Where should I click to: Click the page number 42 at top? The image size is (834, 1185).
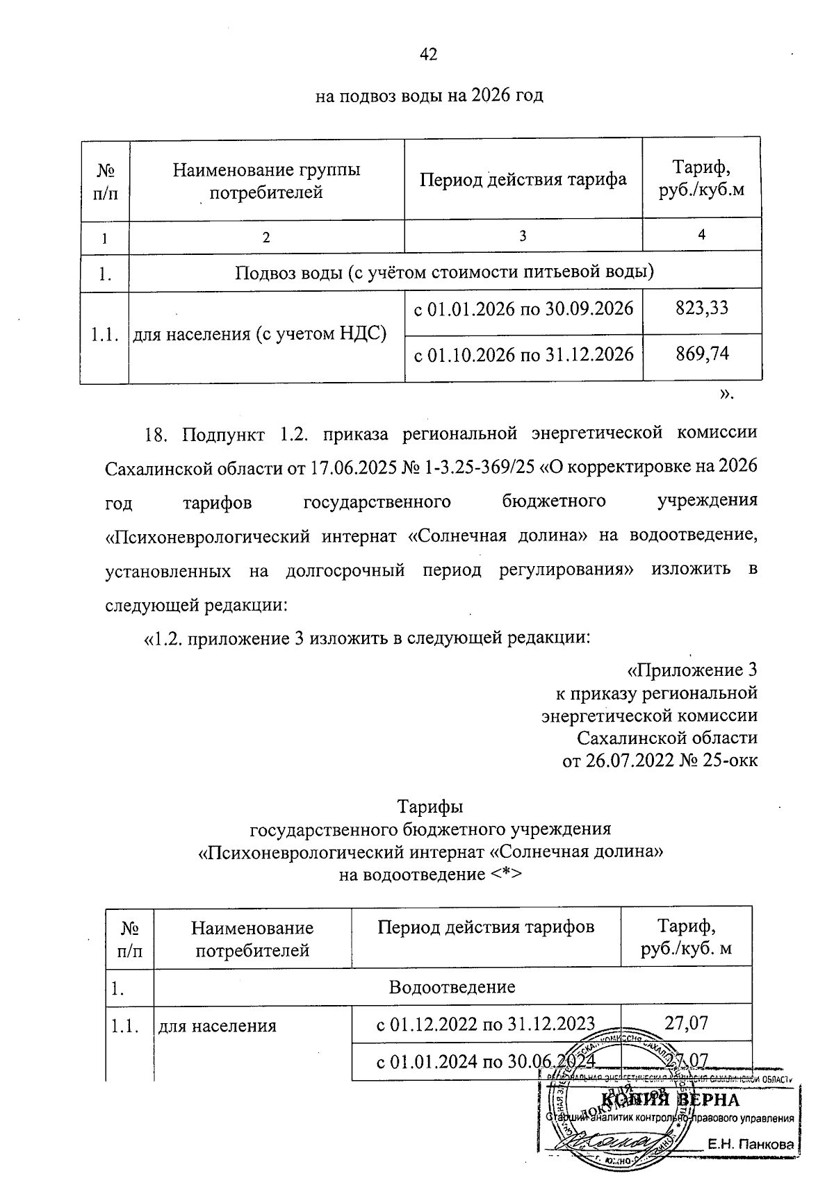[x=428, y=54]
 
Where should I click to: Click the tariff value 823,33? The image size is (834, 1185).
[x=702, y=308]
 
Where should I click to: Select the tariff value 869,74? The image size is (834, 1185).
[x=702, y=354]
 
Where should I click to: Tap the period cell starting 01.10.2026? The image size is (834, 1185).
[x=523, y=355]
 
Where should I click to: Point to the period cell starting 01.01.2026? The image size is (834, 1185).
[x=523, y=308]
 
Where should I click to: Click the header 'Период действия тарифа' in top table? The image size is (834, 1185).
[x=523, y=179]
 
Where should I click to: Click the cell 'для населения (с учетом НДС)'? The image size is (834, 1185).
[x=259, y=335]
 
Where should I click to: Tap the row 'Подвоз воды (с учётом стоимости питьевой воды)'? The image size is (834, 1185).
[x=445, y=272]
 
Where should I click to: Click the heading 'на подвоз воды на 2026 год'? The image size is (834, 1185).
[x=429, y=95]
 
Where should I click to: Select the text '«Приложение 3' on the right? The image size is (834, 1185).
[x=692, y=670]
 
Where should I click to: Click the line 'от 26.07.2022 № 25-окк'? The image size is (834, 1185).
[x=660, y=761]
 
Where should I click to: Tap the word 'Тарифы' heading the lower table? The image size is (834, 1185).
[x=430, y=807]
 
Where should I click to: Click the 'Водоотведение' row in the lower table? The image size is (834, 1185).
[x=452, y=986]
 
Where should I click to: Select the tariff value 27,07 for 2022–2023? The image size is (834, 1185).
[x=686, y=1022]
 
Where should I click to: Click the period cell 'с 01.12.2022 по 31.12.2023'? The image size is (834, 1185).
[x=485, y=1024]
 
